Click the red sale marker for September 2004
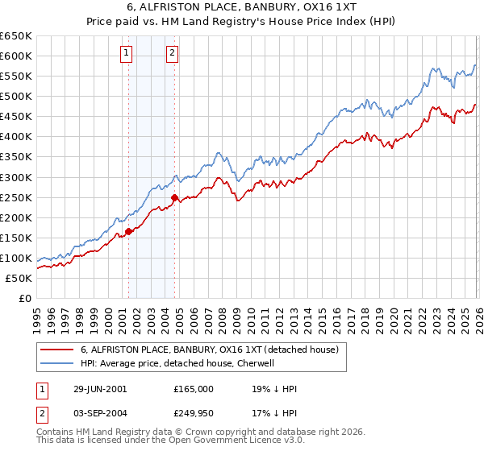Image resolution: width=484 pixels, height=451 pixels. pyautogui.click(x=174, y=197)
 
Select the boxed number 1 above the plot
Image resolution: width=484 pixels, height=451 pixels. pyautogui.click(x=127, y=54)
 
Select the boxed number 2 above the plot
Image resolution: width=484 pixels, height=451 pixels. pyautogui.click(x=173, y=54)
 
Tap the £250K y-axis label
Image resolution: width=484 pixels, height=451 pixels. pyautogui.click(x=16, y=197)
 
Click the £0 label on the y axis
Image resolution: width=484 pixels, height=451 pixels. pyautogui.click(x=23, y=298)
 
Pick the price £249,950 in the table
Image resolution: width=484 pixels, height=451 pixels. pyautogui.click(x=194, y=416)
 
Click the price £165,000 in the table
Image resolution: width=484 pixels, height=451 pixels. pyautogui.click(x=194, y=388)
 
